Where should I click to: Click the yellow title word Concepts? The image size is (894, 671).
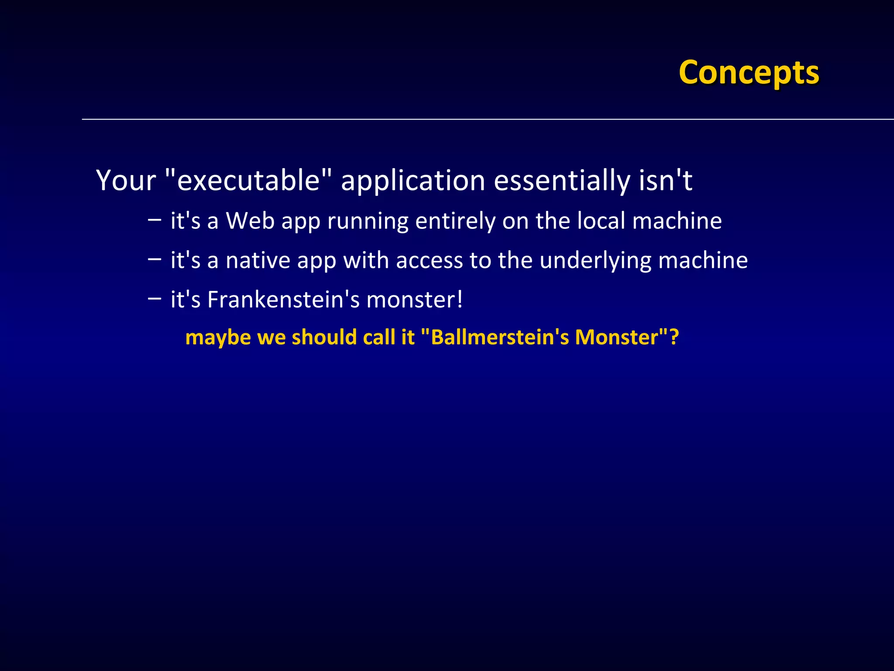(749, 73)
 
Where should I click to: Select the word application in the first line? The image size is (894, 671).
(413, 181)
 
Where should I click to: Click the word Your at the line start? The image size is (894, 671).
(126, 180)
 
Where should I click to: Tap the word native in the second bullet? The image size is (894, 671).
(258, 260)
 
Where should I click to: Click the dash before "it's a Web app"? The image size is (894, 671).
(155, 219)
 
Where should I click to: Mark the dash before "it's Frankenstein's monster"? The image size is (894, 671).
(155, 298)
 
